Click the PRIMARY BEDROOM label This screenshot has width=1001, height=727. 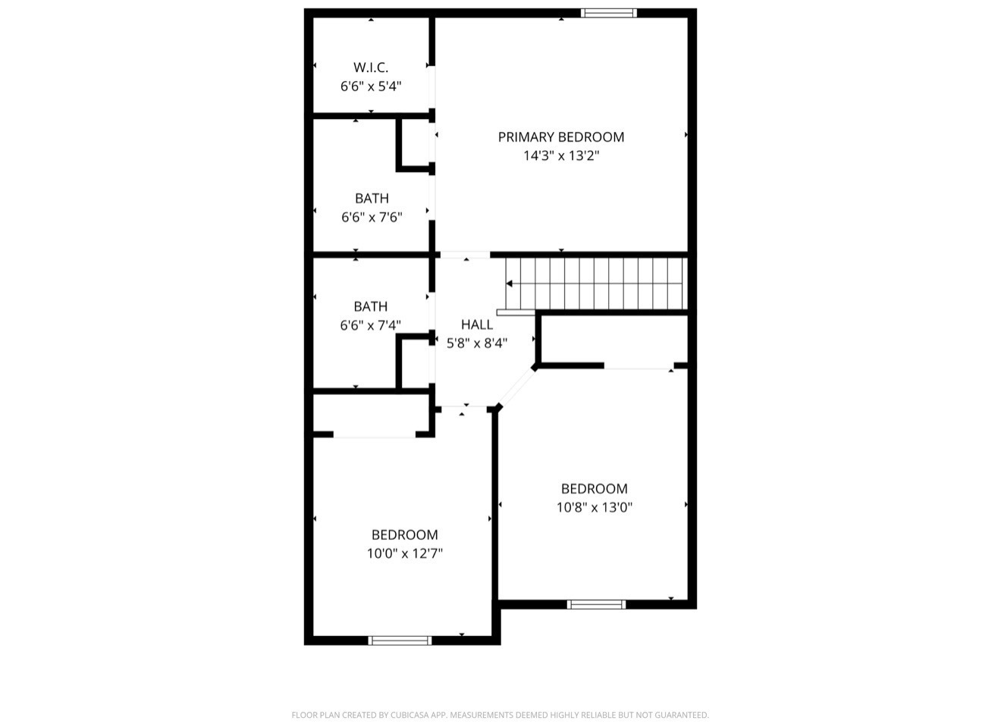[x=560, y=137]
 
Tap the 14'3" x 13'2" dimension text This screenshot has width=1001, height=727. [x=560, y=156]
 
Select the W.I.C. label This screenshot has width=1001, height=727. [x=370, y=67]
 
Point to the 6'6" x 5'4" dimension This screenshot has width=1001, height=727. [x=370, y=86]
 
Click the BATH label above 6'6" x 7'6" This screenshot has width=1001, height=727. [x=372, y=199]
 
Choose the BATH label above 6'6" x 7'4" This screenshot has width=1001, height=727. [x=370, y=306]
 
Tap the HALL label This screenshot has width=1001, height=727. [x=476, y=324]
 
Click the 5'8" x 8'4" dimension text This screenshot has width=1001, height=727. [x=476, y=343]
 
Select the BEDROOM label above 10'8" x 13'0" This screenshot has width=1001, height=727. [x=594, y=489]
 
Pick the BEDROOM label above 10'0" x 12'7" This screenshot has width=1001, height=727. [x=404, y=535]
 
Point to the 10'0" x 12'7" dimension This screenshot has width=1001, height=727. [x=404, y=554]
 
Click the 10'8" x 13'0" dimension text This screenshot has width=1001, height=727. [x=594, y=508]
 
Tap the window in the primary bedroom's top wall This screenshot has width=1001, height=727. [x=608, y=12]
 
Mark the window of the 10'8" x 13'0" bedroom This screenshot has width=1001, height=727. [x=596, y=604]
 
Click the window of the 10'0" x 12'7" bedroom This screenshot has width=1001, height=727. [x=400, y=641]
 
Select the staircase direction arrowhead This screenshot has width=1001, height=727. [x=510, y=284]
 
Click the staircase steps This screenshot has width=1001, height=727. [x=599, y=284]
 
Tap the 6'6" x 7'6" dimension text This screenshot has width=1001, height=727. [x=372, y=218]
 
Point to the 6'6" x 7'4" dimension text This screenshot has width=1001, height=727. [x=370, y=325]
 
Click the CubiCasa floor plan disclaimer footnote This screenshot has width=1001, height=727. [x=500, y=715]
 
